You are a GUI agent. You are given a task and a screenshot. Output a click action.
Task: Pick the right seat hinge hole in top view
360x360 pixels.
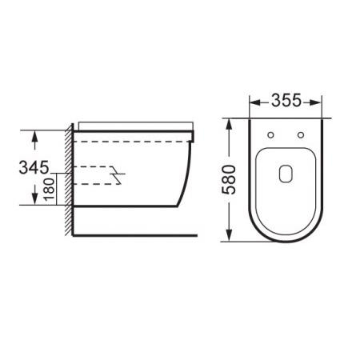(x=300, y=134)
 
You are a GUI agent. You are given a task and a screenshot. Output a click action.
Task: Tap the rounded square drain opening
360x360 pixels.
(x=287, y=172)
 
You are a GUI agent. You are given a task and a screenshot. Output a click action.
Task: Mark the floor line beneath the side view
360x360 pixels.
(x=136, y=236)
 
